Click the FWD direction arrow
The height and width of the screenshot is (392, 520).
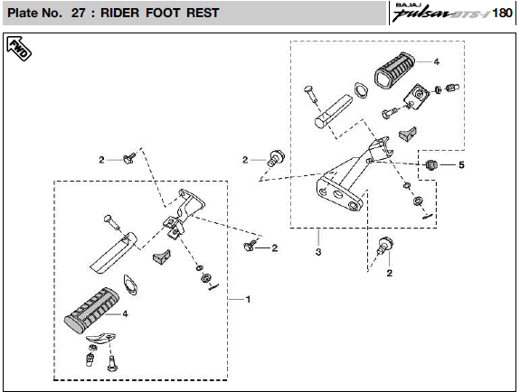(x=19, y=49)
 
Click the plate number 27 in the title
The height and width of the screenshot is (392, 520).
(x=79, y=13)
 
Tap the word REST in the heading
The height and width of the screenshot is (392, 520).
(x=203, y=13)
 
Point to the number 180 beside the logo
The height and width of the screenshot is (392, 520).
(x=502, y=13)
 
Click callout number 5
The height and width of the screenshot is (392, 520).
(x=461, y=164)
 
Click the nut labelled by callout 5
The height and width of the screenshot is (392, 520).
(x=431, y=164)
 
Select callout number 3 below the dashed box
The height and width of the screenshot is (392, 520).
(x=318, y=252)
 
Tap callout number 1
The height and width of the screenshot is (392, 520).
(x=248, y=299)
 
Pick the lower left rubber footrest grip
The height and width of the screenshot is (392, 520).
(x=91, y=310)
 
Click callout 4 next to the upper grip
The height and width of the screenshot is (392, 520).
(x=437, y=61)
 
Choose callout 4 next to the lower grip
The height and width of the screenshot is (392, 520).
(x=125, y=313)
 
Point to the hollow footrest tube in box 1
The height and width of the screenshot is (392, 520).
(x=113, y=253)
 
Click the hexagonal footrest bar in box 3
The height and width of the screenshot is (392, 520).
(x=333, y=111)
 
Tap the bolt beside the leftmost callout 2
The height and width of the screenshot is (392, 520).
(x=129, y=158)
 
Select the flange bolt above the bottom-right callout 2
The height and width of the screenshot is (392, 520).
(x=385, y=245)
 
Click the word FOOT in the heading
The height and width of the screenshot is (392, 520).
(x=163, y=13)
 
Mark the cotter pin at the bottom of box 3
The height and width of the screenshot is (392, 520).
(x=428, y=217)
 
